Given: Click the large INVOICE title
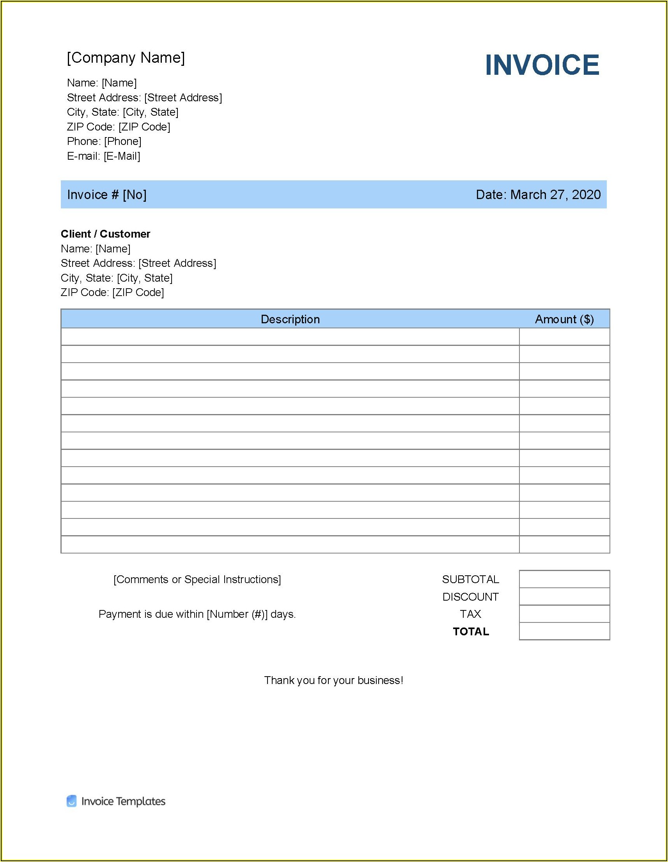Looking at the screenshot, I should tap(542, 65).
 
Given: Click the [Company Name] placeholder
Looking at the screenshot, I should tap(126, 58).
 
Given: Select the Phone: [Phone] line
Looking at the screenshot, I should tap(104, 141).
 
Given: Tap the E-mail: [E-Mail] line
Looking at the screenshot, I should tap(103, 156).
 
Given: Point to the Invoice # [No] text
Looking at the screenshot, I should tap(107, 195).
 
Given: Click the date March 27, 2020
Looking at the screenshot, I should tap(555, 195).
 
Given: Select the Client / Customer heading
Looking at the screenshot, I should tap(105, 234).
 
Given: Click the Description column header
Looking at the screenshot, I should tap(290, 319).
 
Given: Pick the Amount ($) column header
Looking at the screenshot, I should tap(564, 319).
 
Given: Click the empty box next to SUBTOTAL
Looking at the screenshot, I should tap(564, 579).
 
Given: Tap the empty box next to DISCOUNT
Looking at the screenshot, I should tap(564, 596).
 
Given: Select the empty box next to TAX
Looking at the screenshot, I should tap(564, 614).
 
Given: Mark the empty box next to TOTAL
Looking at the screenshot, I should tap(564, 631).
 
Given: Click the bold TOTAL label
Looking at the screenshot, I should tap(471, 631).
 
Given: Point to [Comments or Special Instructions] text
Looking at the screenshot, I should tap(197, 579).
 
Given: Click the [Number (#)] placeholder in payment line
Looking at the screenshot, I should tap(237, 614).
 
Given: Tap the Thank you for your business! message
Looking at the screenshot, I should tap(333, 680).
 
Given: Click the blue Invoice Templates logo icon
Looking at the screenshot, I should tap(71, 801).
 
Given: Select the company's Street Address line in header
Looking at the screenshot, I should tap(144, 97).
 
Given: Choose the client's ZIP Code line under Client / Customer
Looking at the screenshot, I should tap(112, 293).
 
